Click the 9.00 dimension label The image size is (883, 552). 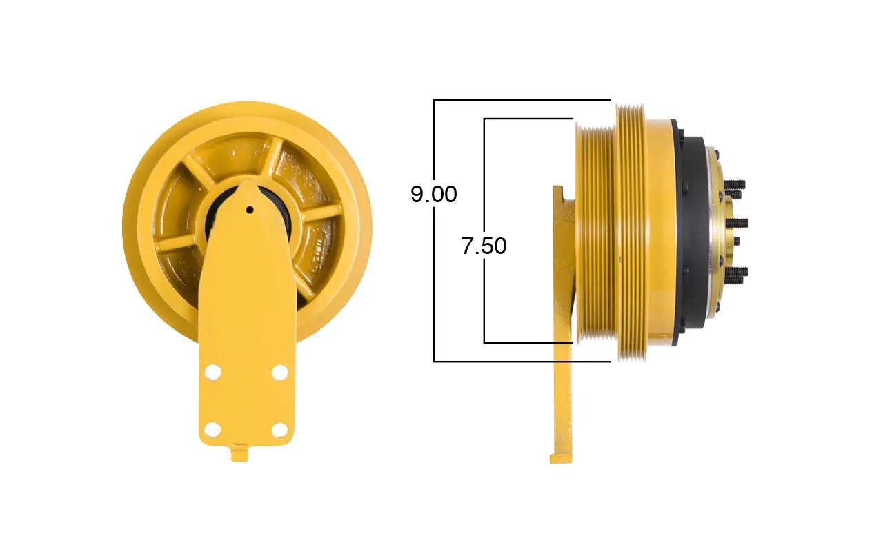[434, 194]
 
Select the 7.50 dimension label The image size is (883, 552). [484, 246]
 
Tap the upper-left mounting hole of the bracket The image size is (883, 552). [213, 372]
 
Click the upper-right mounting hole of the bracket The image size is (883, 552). [280, 372]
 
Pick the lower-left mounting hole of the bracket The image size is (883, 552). [213, 429]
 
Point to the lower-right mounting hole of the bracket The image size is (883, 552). [280, 429]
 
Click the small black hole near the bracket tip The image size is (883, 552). [250, 210]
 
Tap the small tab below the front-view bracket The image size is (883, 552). [239, 453]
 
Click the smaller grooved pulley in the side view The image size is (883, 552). [595, 232]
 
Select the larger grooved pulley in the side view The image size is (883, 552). [631, 232]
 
